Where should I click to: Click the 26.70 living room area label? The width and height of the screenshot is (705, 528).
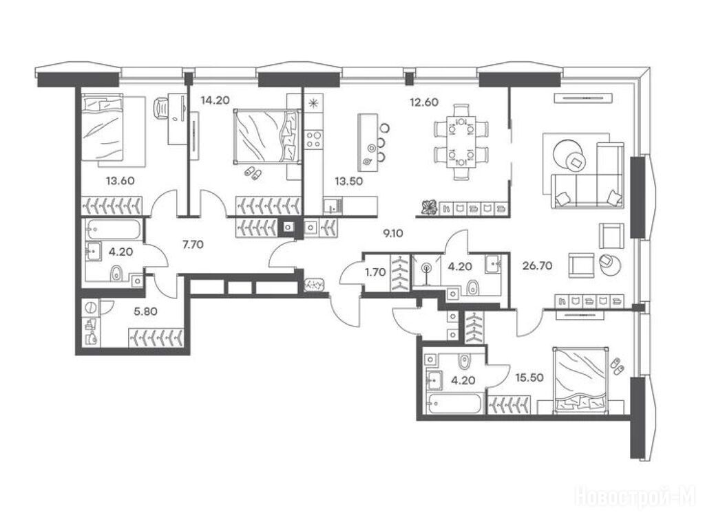point(537,266)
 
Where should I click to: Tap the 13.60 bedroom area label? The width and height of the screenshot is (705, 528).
point(120,181)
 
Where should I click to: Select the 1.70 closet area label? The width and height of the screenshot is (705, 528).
point(375,272)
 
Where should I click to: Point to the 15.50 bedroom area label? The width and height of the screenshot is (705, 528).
point(529,377)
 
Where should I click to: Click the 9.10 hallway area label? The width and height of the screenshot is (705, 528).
point(392,234)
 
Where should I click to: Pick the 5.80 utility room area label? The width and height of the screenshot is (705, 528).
point(146,311)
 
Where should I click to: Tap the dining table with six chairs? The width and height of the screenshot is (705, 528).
point(461,142)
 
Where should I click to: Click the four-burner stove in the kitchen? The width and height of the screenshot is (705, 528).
point(313,139)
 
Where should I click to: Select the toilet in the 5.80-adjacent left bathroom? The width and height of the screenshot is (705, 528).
point(116,272)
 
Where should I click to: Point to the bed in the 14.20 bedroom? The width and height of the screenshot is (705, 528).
point(266,136)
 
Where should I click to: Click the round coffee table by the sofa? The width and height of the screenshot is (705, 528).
point(567,153)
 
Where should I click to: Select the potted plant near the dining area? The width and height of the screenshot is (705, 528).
point(429,207)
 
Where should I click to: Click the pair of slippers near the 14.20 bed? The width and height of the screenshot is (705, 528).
point(253,172)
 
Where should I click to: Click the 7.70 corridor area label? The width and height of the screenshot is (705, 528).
point(193,245)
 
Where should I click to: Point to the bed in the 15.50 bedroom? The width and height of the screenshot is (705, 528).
point(581,379)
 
